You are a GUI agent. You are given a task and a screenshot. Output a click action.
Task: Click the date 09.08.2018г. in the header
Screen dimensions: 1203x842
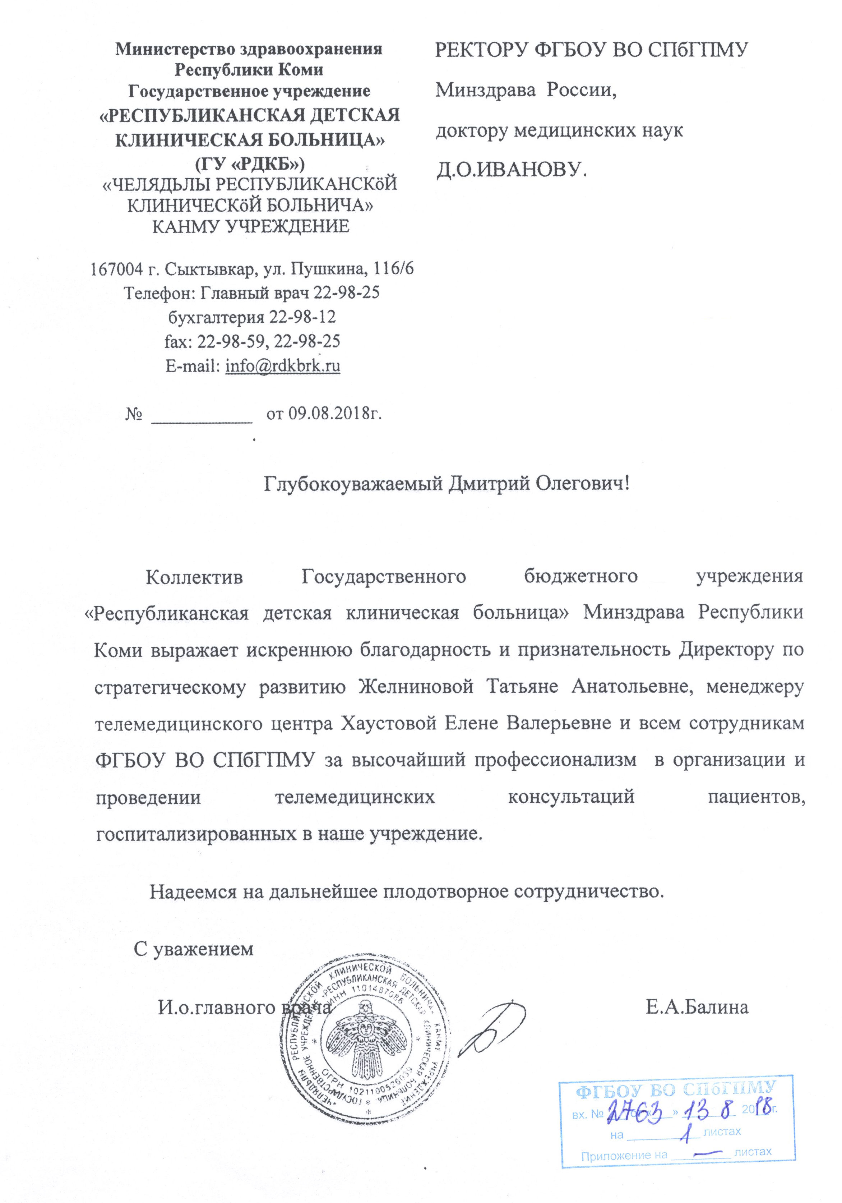[x=324, y=414]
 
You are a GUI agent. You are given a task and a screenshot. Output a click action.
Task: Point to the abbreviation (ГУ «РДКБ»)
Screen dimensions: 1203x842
[x=249, y=164]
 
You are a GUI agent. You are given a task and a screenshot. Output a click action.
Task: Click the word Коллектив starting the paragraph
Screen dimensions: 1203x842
[x=194, y=577]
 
